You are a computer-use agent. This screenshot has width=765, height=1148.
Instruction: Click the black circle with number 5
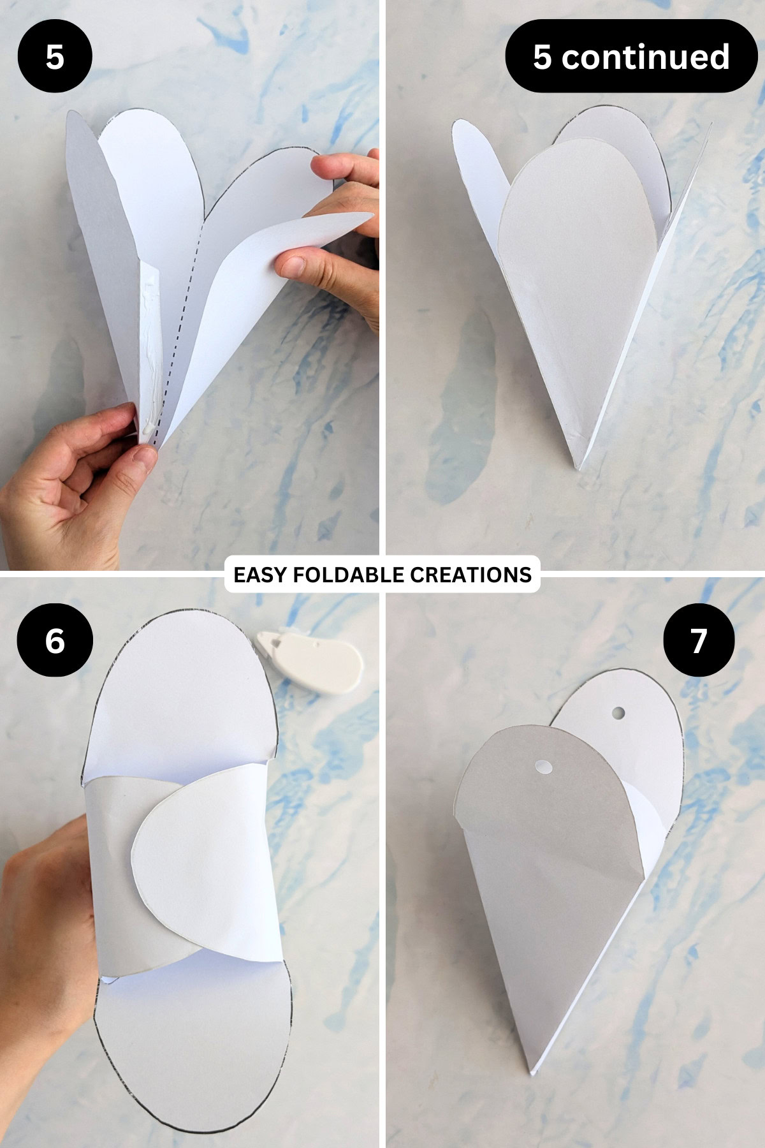coord(55,57)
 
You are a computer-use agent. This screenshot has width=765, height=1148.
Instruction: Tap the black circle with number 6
coord(55,640)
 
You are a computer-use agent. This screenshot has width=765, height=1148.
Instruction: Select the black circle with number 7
coord(699,640)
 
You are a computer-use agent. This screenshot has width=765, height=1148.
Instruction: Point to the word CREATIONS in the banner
coord(470,575)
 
